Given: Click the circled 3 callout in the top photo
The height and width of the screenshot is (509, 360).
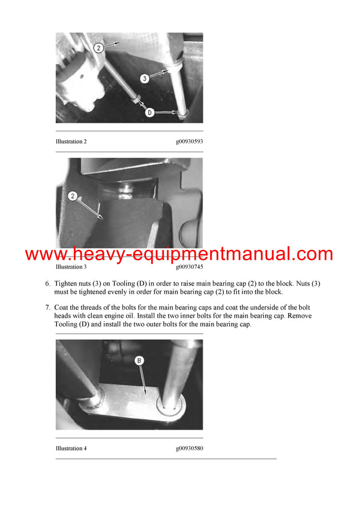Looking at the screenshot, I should pyautogui.click(x=145, y=78).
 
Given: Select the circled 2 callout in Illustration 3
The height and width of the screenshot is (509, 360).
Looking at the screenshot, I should pyautogui.click(x=73, y=195).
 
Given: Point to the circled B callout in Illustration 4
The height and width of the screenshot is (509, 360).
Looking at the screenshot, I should pyautogui.click(x=140, y=361).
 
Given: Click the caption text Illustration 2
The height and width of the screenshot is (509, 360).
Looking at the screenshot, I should pyautogui.click(x=71, y=141).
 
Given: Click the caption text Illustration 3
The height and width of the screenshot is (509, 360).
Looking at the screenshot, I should pyautogui.click(x=71, y=266).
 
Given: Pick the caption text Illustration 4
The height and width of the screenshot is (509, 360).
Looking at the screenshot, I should pyautogui.click(x=71, y=448).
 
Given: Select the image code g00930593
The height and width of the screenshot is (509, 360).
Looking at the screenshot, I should pyautogui.click(x=189, y=141).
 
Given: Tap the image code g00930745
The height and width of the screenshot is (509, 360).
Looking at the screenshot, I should pyautogui.click(x=189, y=266).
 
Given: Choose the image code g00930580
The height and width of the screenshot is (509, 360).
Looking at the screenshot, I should pyautogui.click(x=189, y=448).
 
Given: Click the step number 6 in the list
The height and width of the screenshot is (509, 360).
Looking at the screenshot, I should pyautogui.click(x=47, y=283).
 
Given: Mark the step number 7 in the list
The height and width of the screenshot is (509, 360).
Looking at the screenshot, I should pyautogui.click(x=47, y=308).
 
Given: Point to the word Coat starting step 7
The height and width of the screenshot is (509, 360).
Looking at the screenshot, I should pyautogui.click(x=62, y=308).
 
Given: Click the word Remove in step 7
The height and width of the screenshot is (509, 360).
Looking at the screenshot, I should pyautogui.click(x=298, y=316).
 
